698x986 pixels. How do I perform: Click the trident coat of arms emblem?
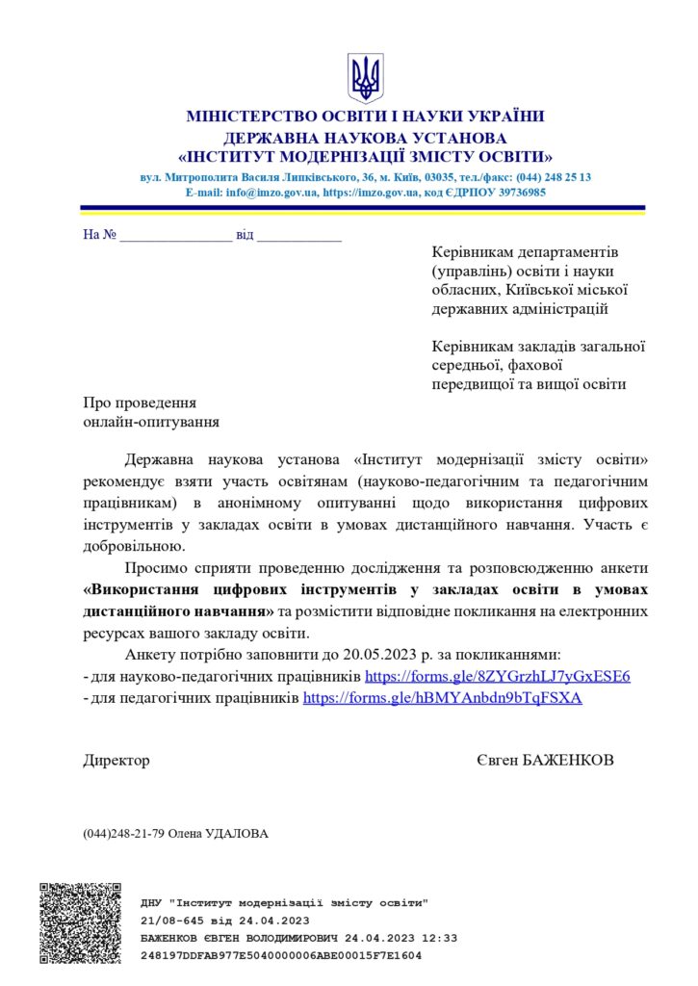coord(365,78)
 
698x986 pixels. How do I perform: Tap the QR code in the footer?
coord(81,922)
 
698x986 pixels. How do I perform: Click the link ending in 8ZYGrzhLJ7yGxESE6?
coord(498,677)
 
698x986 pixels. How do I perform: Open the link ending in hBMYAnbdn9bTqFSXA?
coord(442,699)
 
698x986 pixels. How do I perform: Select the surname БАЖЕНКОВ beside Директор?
coord(567,761)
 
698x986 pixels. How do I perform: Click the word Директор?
coord(116,761)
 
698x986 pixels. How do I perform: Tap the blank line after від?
coord(299,236)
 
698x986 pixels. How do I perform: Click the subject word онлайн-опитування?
coord(151,421)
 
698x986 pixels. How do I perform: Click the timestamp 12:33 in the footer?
coord(440,938)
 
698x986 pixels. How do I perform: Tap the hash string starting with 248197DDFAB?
coord(280,956)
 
